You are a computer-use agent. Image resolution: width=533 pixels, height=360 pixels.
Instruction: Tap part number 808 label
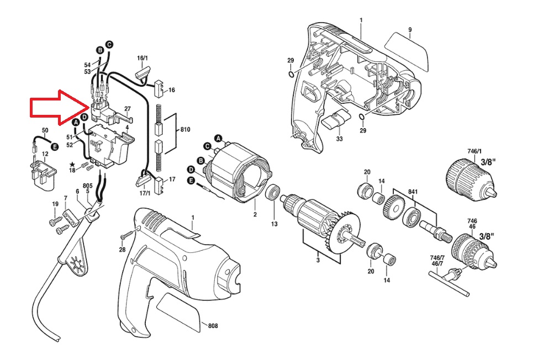coord(213,326)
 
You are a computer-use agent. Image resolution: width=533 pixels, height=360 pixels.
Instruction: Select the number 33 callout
coord(339,139)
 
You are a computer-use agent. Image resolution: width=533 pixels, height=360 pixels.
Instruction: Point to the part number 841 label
coord(413,192)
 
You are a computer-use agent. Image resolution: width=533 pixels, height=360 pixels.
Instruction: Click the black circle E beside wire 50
coord(54,146)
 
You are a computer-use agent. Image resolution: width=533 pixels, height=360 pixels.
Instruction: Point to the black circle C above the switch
coord(109,45)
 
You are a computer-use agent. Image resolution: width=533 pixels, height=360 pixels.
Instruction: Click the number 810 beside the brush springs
coord(185,130)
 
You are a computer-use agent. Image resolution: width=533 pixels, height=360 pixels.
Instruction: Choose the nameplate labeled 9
coord(406,51)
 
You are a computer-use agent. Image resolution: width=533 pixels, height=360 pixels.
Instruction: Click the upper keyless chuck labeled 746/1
coord(471,178)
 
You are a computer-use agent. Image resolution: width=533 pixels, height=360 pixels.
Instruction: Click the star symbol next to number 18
coord(72,164)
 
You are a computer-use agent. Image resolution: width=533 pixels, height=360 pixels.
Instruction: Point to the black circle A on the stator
coord(218,138)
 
